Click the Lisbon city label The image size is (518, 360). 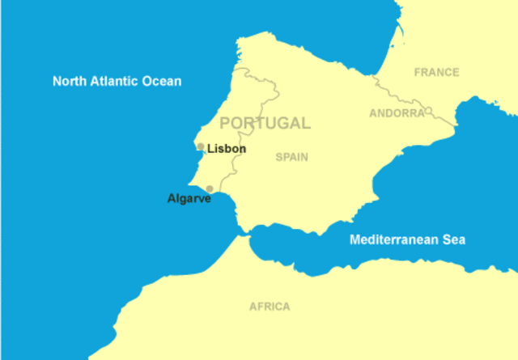coord(227,149)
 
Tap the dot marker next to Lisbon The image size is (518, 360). coord(201,146)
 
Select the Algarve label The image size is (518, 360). coord(189,198)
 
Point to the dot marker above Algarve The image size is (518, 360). coord(210,188)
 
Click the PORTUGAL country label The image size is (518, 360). coord(265,123)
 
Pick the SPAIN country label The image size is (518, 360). coord(291,157)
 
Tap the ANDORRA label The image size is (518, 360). coord(397,113)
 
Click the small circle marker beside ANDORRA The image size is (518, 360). coord(429,111)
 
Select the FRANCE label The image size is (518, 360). coord(436,72)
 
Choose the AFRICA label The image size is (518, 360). coord(270,307)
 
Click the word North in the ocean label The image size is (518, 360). coord(70,81)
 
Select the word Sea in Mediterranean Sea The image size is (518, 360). coord(454,239)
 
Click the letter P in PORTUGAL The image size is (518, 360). coord(226,123)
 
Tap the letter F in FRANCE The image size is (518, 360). coord(418,72)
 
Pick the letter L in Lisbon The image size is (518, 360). coord(210,149)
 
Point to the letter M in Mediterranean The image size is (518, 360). coord(355,239)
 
